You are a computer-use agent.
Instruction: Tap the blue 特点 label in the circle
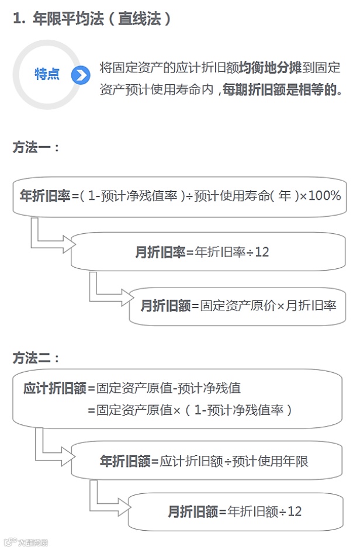(x=47, y=74)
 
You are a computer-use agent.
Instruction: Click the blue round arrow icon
(x=80, y=75)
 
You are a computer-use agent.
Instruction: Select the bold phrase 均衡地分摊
(x=270, y=68)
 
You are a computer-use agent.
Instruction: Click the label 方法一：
(x=36, y=147)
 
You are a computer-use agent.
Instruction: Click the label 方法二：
(x=36, y=358)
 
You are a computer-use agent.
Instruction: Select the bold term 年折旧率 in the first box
(x=45, y=196)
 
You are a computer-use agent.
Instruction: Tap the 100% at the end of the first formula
(x=324, y=196)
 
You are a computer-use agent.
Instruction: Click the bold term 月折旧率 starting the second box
(x=160, y=252)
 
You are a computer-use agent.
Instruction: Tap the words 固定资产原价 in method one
(x=233, y=305)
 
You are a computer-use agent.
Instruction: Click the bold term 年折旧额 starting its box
(x=125, y=461)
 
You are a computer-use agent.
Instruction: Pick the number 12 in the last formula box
(x=295, y=511)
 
